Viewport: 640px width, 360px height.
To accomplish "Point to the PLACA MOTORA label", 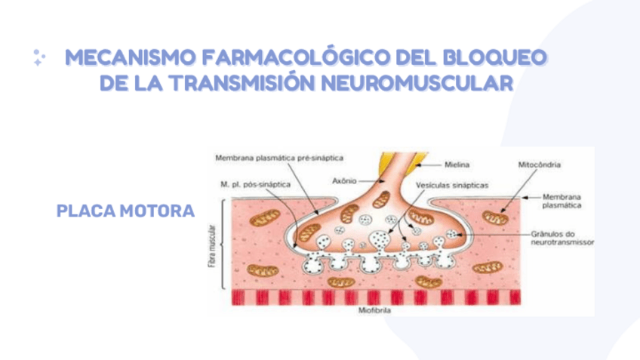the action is click(125, 209).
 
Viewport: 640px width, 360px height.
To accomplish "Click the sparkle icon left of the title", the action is click(39, 58).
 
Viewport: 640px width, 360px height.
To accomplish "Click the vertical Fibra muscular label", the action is click(211, 245).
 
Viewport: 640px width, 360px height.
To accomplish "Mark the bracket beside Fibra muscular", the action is click(220, 245).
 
